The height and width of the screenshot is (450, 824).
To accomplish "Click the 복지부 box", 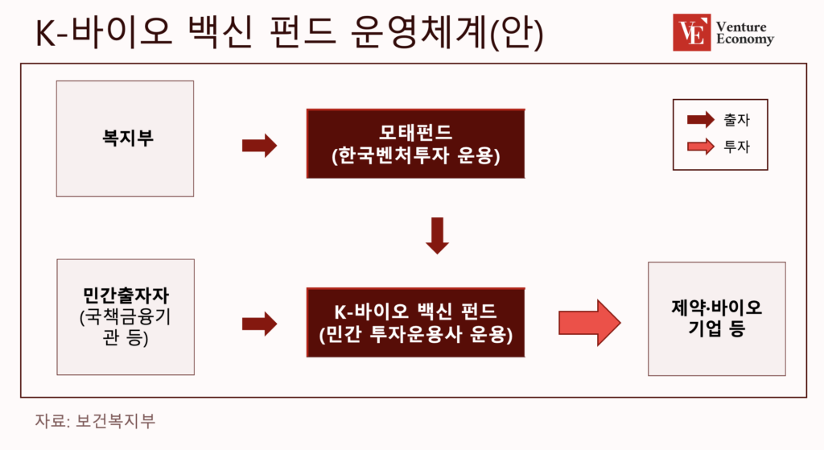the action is [125, 138].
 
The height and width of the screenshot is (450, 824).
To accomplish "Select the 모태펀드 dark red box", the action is [416, 143].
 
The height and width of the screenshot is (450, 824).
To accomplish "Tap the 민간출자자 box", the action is [126, 317].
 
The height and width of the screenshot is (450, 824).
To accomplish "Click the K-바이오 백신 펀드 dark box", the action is [416, 322].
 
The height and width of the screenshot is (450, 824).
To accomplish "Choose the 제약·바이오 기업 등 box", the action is [717, 319].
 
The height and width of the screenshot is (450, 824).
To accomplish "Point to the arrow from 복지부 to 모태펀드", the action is [259, 146].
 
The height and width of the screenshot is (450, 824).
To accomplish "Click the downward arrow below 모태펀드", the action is [437, 236].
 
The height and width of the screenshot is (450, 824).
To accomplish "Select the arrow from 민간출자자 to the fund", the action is [259, 324].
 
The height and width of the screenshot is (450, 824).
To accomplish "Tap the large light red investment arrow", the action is [590, 323].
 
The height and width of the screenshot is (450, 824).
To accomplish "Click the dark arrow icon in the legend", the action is [701, 120].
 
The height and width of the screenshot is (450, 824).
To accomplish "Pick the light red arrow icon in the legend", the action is [701, 147].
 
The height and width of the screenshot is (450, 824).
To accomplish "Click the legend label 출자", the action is [737, 120].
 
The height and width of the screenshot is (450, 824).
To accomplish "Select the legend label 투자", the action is [737, 147].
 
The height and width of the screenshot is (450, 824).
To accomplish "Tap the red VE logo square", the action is [691, 32].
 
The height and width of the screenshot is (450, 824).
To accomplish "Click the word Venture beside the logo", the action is [741, 27].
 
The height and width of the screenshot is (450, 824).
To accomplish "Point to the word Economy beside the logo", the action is [745, 39].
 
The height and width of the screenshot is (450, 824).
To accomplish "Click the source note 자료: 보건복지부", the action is [95, 421].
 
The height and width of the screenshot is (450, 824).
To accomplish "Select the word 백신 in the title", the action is [220, 32].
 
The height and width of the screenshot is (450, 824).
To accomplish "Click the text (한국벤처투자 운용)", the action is [416, 155].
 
